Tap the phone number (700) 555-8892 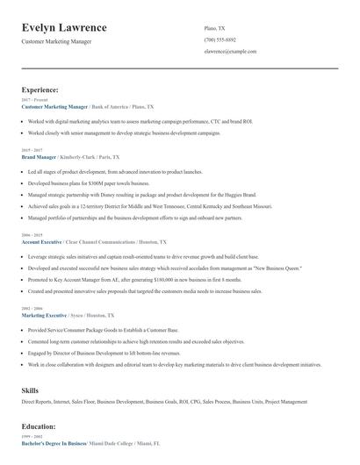220,39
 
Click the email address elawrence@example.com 230,52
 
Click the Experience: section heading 40,89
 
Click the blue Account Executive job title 42,240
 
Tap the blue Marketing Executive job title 46,315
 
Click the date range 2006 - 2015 31,234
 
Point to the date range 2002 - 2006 31,309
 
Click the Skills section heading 31,389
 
